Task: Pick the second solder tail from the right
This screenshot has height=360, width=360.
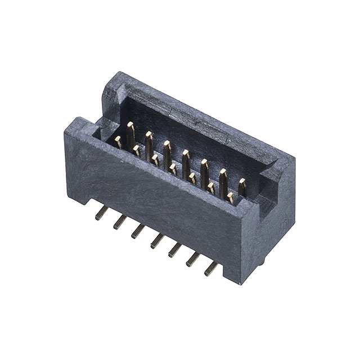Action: click(193, 259)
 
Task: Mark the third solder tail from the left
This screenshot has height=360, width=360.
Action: click(138, 231)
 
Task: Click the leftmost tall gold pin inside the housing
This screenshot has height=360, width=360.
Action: click(130, 133)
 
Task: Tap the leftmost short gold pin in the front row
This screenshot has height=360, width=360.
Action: click(118, 142)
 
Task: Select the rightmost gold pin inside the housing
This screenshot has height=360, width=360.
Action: click(242, 186)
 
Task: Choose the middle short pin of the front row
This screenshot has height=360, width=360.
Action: click(173, 169)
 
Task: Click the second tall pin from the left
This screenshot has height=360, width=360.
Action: click(149, 143)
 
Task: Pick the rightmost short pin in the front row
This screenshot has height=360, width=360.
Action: click(230, 197)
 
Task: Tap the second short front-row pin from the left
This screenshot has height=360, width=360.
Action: click(136, 150)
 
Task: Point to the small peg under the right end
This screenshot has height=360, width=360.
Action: click(263, 260)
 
